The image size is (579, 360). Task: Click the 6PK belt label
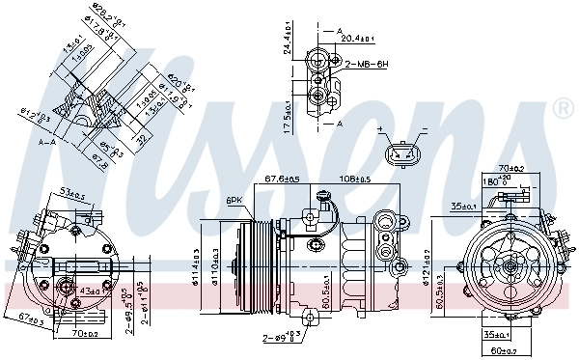pyautogui.click(x=233, y=200)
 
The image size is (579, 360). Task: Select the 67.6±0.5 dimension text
pyautogui.click(x=281, y=178)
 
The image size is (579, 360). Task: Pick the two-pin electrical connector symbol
pyautogui.click(x=402, y=153)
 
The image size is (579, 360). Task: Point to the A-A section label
pyautogui.click(x=44, y=141)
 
